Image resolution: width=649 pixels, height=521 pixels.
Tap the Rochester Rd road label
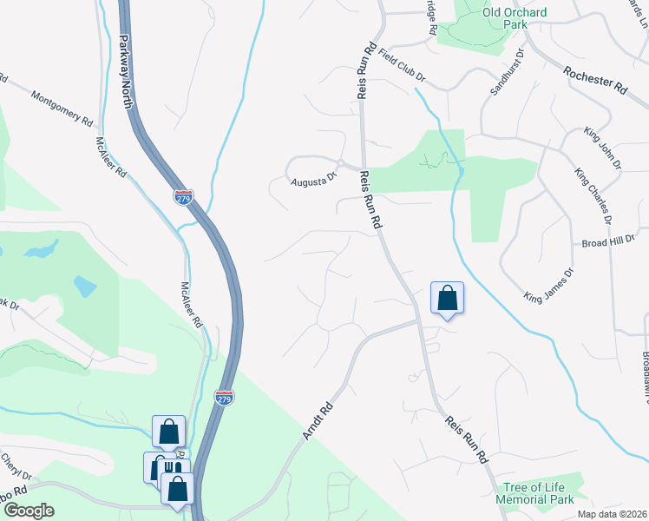point(594,81)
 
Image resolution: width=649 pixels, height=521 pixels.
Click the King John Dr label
point(603,148)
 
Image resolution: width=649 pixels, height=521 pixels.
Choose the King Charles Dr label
point(593,195)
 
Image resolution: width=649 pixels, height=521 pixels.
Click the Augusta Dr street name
point(313,180)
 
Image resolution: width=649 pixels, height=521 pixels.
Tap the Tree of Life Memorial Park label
point(534,493)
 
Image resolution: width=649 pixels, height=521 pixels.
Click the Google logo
point(28,511)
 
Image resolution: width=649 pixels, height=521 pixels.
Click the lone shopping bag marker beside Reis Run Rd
point(447,298)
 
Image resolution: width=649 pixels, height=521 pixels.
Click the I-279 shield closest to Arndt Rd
point(224,398)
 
